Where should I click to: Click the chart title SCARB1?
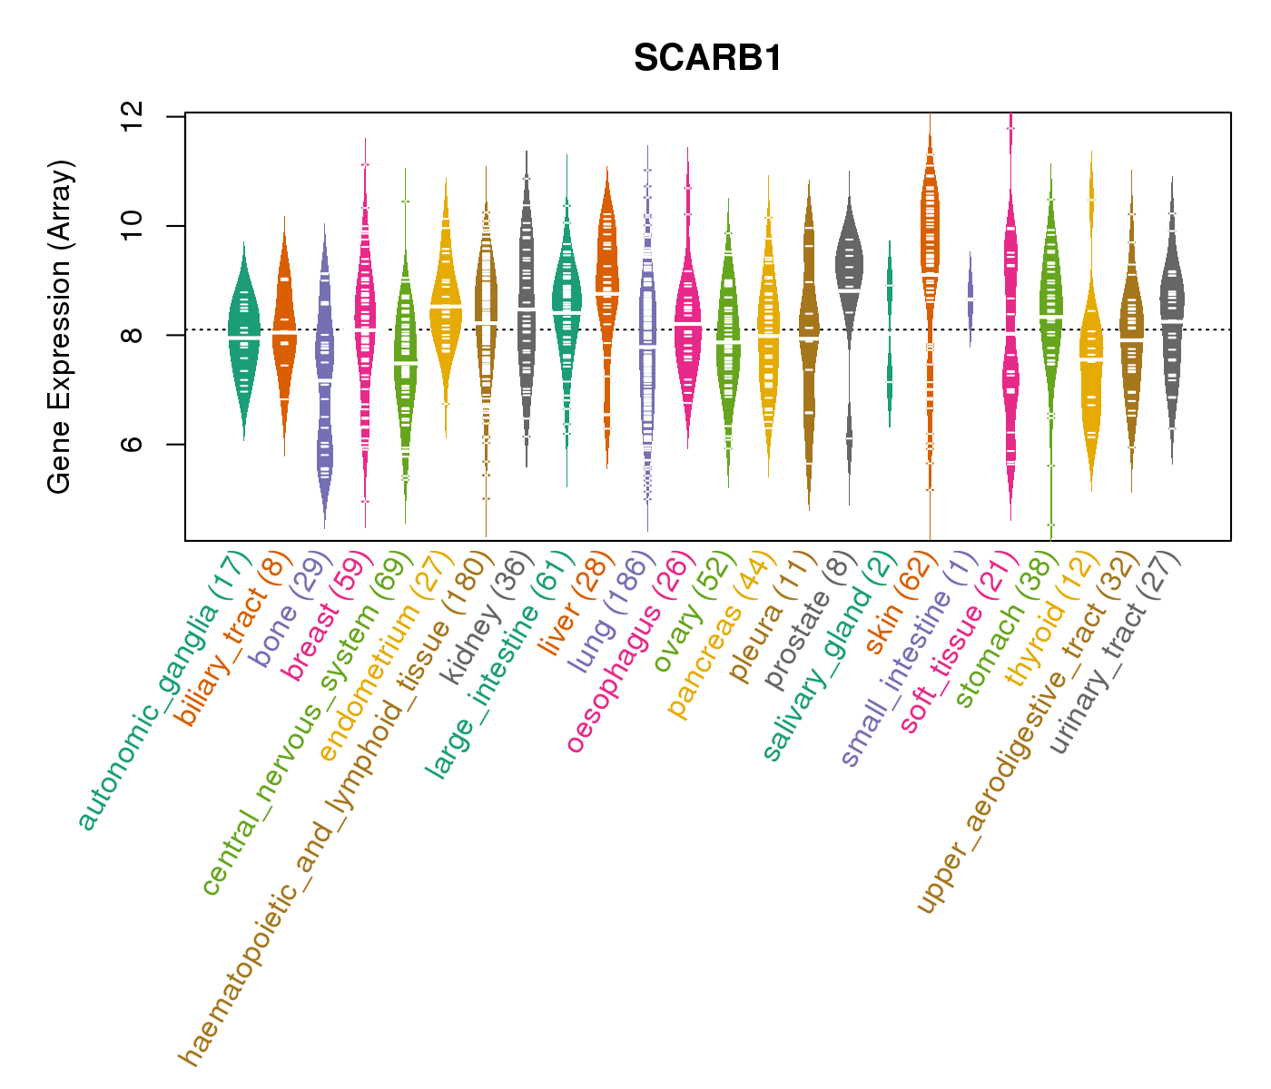707,59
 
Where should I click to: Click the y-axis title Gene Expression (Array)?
60,328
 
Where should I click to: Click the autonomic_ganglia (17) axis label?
163,690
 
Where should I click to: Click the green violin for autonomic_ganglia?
243,336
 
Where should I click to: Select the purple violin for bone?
324,363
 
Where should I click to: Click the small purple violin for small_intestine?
970,299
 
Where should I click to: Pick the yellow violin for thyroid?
1090,363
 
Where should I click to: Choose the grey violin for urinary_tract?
1172,318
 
